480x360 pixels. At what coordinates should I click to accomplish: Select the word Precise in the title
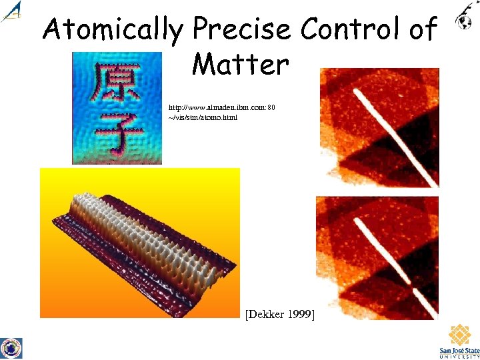click(x=242, y=30)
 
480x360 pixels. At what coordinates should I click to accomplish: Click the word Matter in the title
click(x=240, y=65)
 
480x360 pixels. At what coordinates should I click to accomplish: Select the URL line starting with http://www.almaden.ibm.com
click(x=222, y=107)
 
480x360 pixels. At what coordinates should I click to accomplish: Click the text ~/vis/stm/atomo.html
click(x=203, y=117)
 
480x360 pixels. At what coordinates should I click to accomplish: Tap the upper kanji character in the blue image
click(x=116, y=83)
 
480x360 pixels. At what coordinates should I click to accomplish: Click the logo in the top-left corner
click(x=11, y=11)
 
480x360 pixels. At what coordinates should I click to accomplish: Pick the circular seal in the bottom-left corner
click(x=11, y=347)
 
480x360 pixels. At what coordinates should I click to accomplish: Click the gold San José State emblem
click(x=459, y=335)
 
